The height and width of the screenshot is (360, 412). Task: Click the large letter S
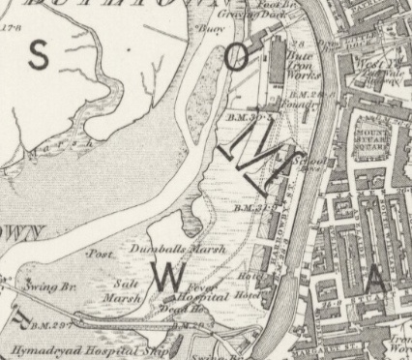coord(39,57)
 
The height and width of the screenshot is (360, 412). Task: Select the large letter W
coord(165,279)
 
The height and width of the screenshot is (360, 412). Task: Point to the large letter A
coord(377,282)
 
